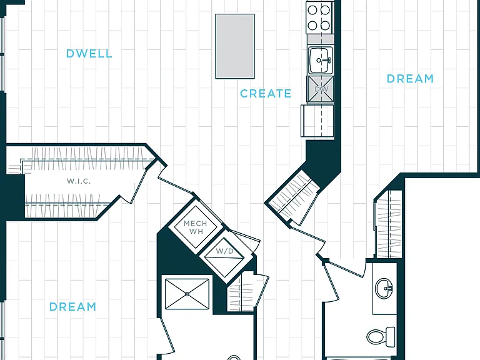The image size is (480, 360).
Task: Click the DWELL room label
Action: coord(89,54)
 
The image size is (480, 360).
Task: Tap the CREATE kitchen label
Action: coord(266,93)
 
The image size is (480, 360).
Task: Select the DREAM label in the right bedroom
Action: coord(410,79)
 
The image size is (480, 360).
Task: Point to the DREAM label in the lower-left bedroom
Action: coord(72,306)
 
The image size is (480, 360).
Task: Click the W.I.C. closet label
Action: coord(79,181)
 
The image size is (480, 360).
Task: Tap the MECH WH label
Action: coord(196,227)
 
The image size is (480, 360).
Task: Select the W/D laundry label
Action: coord(225,251)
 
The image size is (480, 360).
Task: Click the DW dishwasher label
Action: coord(321,89)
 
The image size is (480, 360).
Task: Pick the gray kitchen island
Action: coord(235,46)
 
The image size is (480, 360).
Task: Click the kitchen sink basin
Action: coord(320,60)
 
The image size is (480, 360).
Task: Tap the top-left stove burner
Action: coord(312,10)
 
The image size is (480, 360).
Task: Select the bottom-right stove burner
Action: coord(325,25)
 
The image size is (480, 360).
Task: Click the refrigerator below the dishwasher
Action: coord(317,121)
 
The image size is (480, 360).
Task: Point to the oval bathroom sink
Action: coord(384,288)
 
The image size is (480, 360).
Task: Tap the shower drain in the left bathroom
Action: coord(187,294)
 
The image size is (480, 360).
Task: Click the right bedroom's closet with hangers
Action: coord(388,224)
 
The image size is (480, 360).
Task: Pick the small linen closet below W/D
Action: coord(241,292)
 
